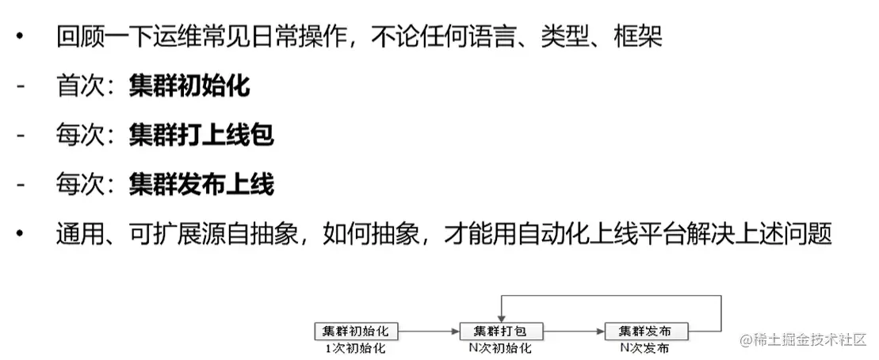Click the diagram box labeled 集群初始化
click(356, 331)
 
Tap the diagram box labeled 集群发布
click(644, 331)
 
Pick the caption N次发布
click(643, 348)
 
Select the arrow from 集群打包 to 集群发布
click(571, 331)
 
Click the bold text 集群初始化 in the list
click(189, 86)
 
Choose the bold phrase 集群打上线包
click(201, 136)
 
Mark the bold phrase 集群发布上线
click(201, 186)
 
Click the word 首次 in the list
click(82, 86)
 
